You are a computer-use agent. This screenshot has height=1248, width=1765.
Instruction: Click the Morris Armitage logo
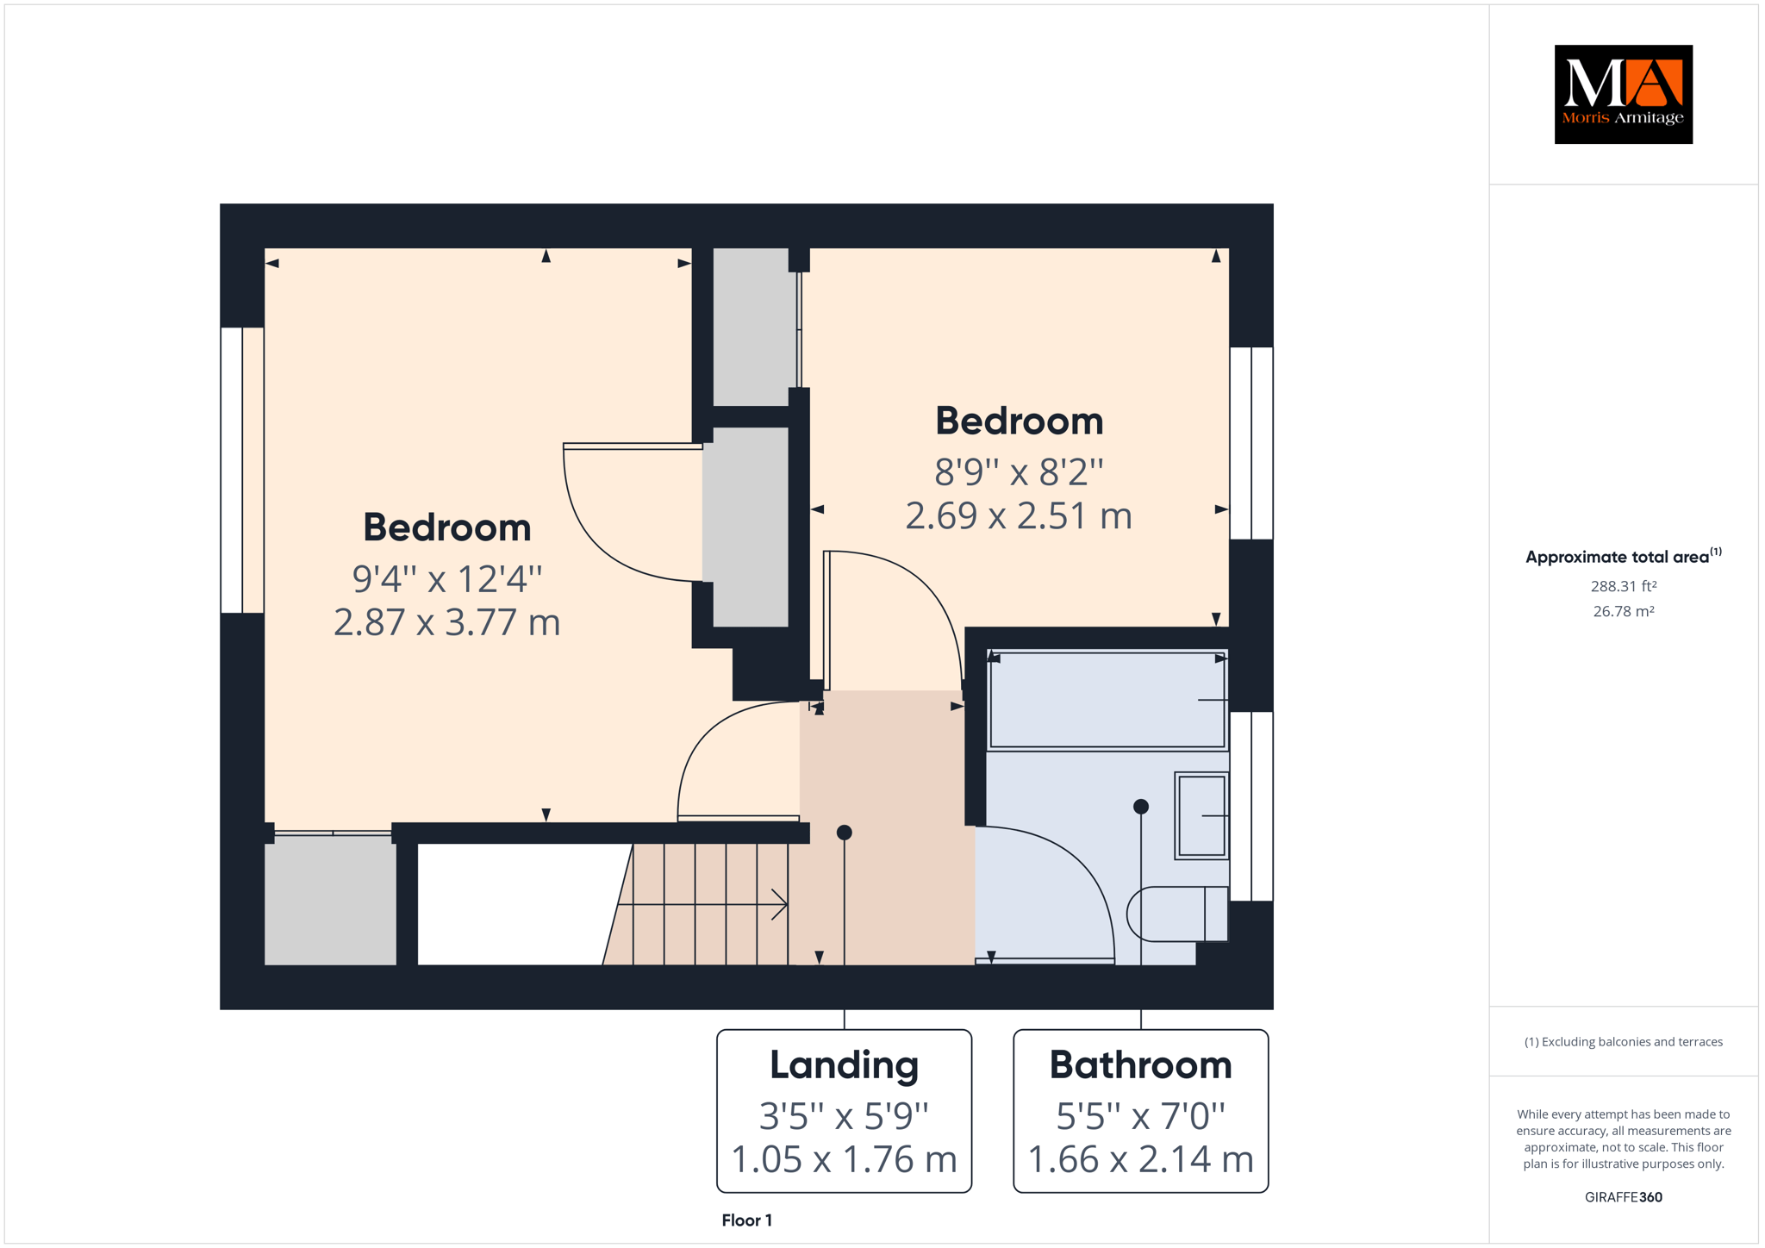[x=1623, y=94]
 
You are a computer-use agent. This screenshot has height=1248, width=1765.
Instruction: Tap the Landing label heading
[x=844, y=1065]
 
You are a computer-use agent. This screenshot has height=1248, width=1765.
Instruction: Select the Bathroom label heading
[x=1140, y=1065]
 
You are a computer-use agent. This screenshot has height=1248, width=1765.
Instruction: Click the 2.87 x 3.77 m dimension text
[x=446, y=622]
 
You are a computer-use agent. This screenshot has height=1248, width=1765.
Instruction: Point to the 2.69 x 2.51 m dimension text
[x=1019, y=515]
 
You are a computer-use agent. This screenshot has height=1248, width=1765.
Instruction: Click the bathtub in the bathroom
[x=1107, y=700]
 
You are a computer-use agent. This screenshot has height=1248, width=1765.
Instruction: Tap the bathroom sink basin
[x=1201, y=815]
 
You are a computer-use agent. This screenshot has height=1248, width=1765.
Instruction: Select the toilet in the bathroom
[x=1177, y=914]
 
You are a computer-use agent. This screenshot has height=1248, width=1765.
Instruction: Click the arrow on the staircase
[x=702, y=905]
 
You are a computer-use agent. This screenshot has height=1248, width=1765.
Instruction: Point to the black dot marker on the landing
[x=845, y=833]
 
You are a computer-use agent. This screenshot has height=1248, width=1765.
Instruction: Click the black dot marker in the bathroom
[x=1141, y=807]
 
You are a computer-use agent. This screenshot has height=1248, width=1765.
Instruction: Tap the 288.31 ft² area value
[x=1624, y=586]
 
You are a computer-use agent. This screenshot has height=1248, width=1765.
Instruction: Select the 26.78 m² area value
[x=1624, y=611]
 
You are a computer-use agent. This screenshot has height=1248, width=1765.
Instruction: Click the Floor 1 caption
[x=746, y=1220]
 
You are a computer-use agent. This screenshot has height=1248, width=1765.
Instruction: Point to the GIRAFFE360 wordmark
[x=1624, y=1197]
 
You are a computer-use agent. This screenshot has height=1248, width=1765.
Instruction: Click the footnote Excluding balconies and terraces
[x=1624, y=1042]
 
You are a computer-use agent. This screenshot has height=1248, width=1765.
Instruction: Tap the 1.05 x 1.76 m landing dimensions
[x=844, y=1159]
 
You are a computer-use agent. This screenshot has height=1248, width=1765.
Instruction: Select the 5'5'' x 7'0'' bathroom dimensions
[x=1140, y=1116]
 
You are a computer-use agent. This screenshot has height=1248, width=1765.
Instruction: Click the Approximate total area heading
[x=1624, y=556]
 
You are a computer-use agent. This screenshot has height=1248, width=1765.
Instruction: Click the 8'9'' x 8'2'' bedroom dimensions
[x=1019, y=472]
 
